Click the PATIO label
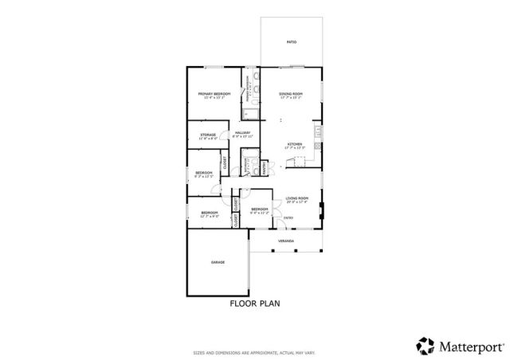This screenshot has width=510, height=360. tap(292, 41)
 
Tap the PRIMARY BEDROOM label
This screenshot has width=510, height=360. tap(214, 95)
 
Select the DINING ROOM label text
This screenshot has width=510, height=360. tap(291, 95)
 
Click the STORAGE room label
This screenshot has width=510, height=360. tap(208, 135)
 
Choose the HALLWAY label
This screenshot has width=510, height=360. tap(241, 134)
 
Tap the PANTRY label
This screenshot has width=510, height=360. tap(264, 168)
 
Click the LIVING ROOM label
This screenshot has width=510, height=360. tap(296, 199)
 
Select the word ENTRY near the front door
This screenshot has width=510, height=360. tap(288, 217)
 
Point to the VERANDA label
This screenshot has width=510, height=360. tap(286, 240)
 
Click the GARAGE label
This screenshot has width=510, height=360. tap(217, 263)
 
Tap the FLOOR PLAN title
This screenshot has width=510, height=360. tap(255, 303)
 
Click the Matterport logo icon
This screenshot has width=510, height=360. tap(424, 345)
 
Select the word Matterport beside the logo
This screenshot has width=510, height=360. tap(469, 346)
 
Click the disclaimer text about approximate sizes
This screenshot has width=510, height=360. tap(255, 351)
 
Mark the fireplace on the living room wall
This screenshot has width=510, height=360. tap(322, 211)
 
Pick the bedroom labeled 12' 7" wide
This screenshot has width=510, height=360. tap(210, 213)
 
